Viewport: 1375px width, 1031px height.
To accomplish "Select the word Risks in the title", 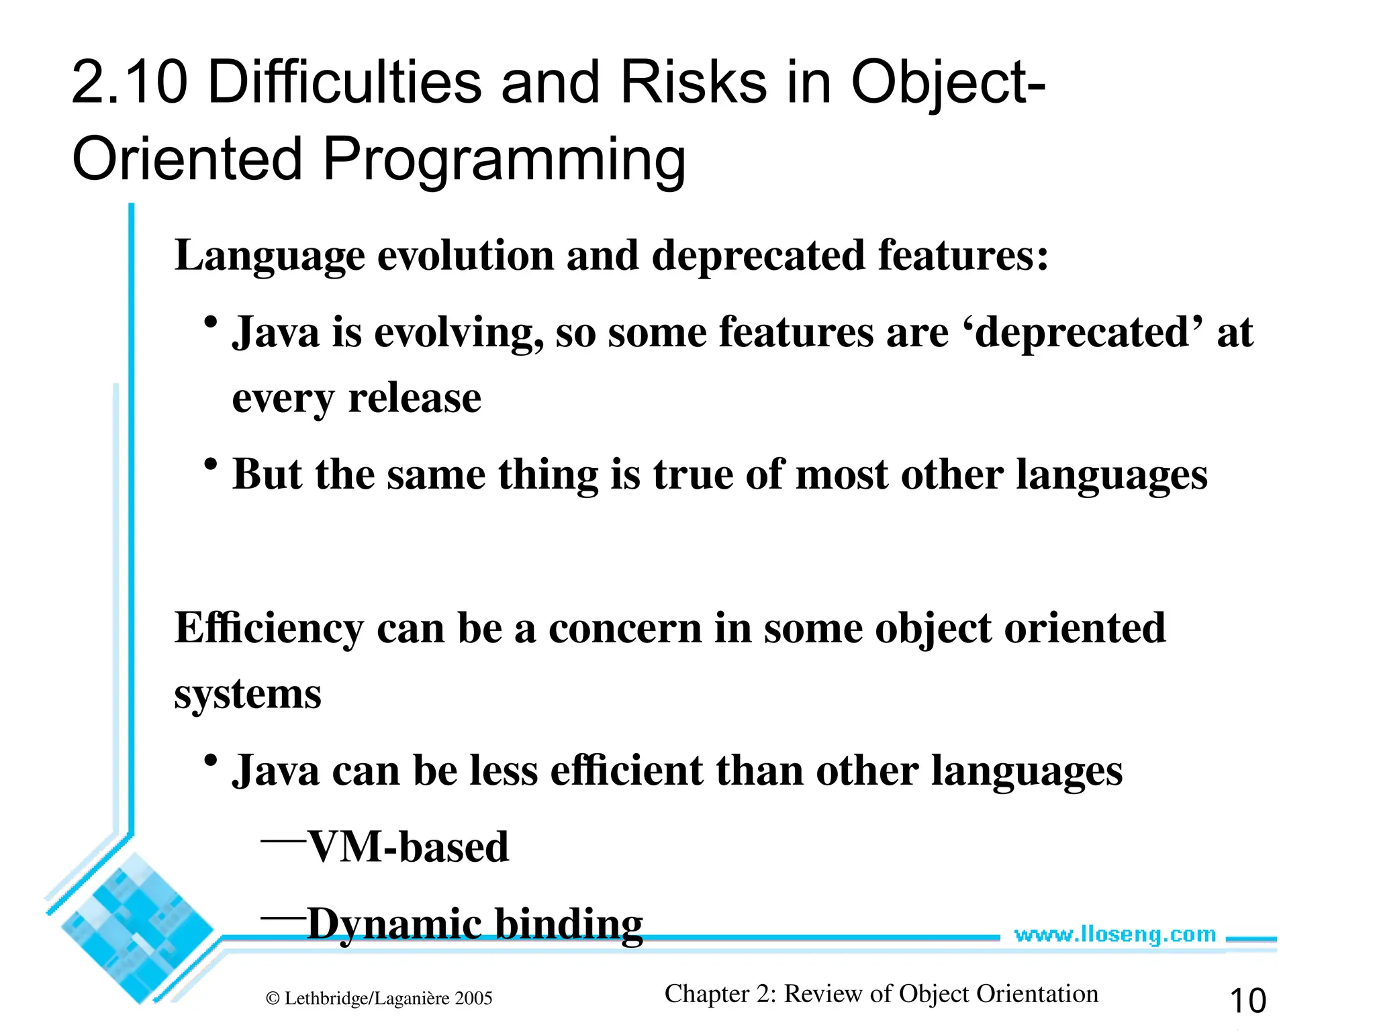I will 693,83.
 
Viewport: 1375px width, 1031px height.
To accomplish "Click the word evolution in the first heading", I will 465,256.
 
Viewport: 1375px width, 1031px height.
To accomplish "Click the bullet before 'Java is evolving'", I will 211,322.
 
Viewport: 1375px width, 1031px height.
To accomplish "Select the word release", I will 414,399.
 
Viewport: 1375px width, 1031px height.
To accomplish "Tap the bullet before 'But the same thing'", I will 211,464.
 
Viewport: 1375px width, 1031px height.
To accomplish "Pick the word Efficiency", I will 269,629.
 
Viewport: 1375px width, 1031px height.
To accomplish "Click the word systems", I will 248,694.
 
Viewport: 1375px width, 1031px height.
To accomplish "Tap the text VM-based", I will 408,847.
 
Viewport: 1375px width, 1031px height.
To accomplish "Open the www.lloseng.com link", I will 1115,934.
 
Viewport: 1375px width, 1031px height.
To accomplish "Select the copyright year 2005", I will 473,999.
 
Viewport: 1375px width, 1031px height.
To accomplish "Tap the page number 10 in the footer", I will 1247,1001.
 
